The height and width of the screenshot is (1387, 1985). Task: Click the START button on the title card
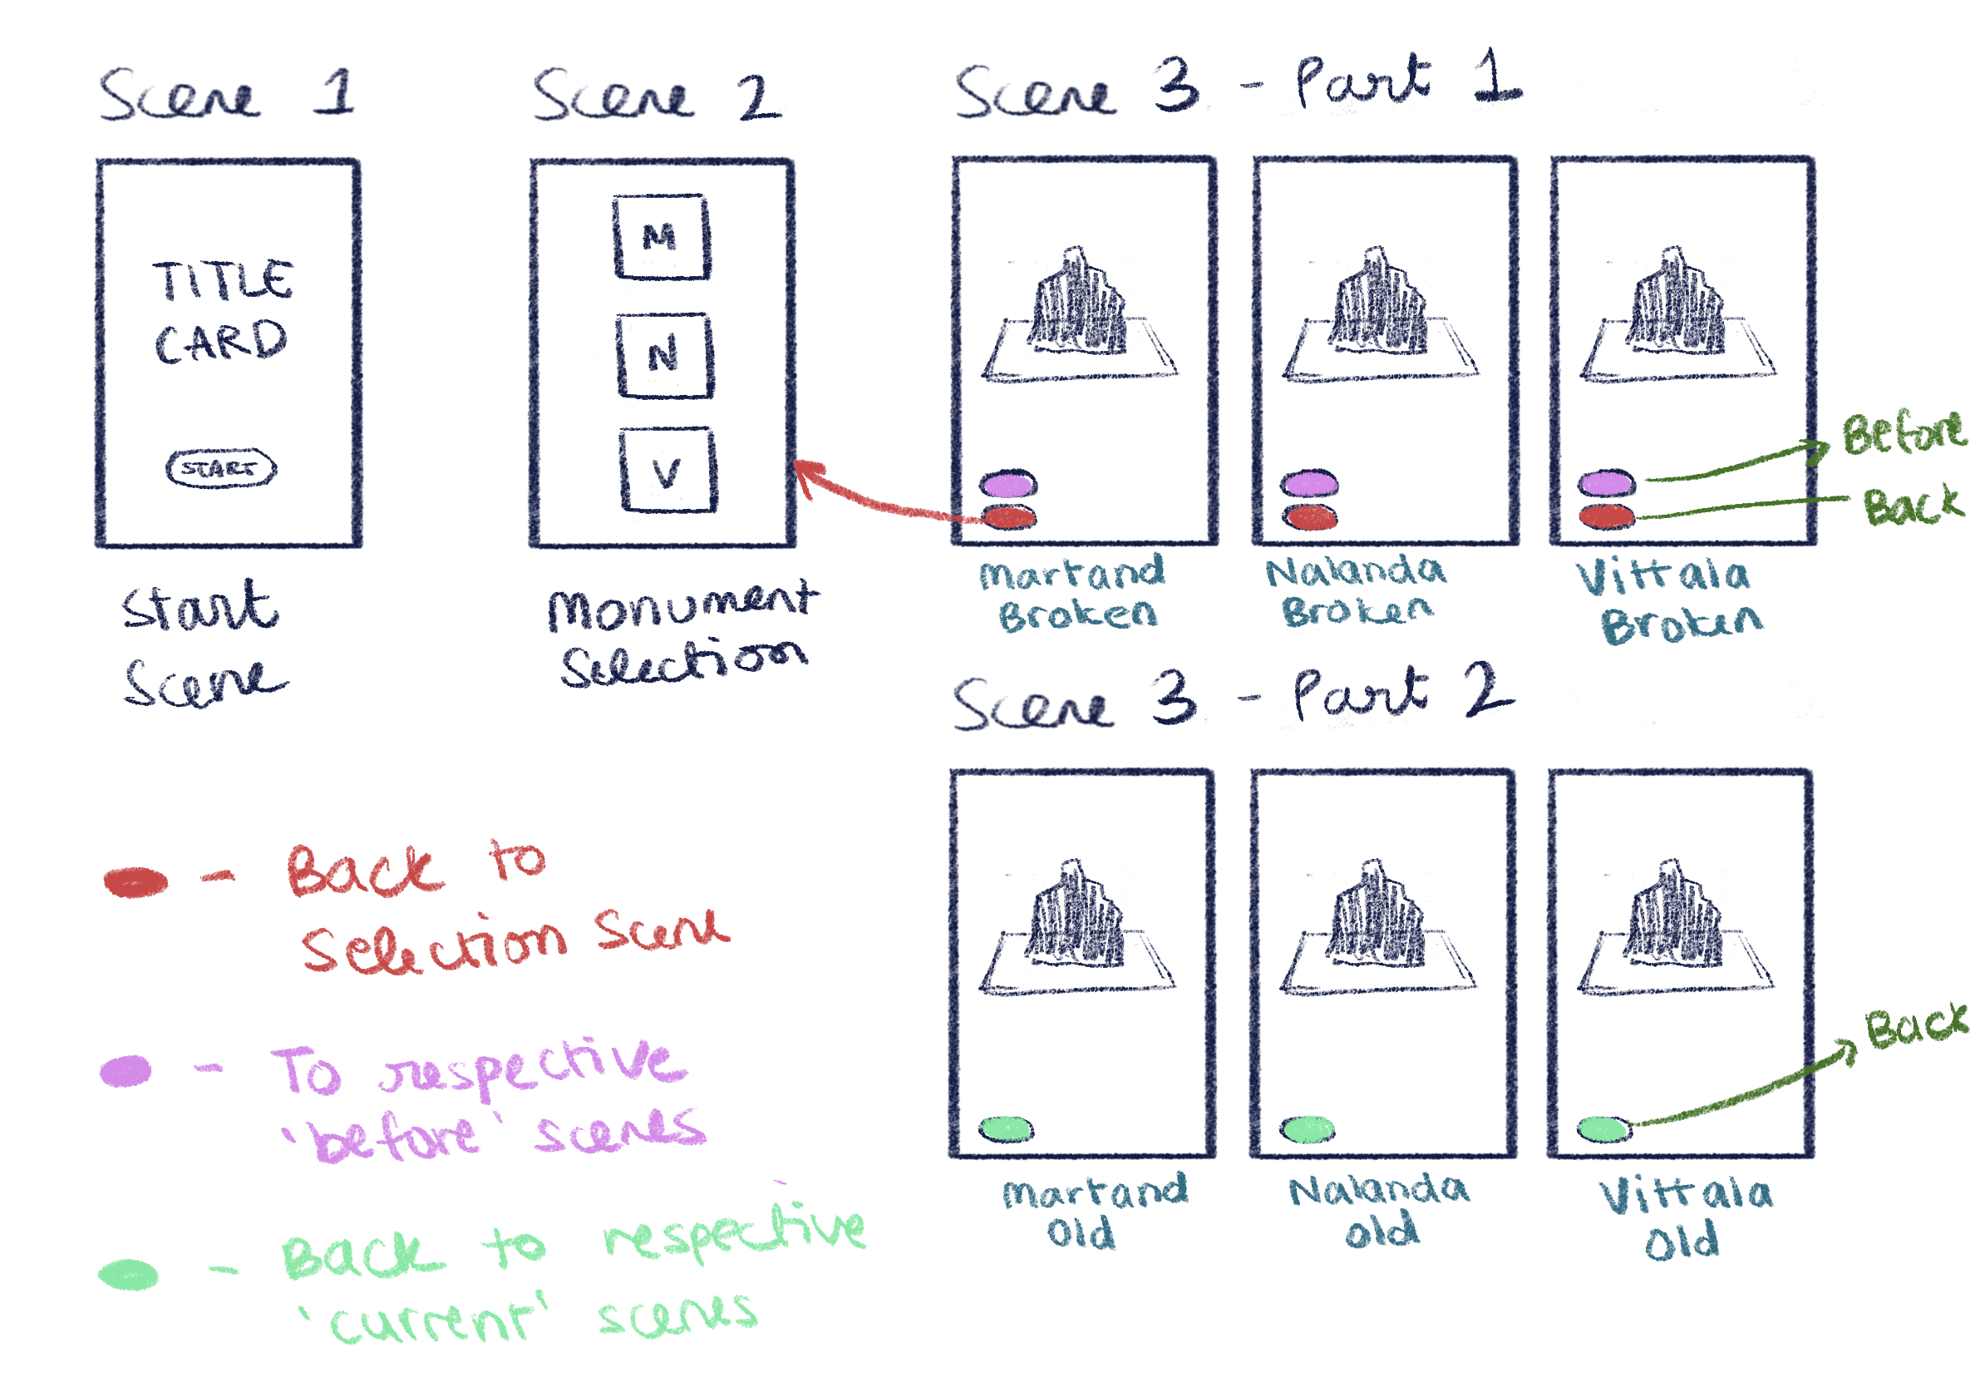pos(220,469)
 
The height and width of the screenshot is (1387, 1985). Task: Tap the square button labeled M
pos(662,237)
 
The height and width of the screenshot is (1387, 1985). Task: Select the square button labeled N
pos(664,354)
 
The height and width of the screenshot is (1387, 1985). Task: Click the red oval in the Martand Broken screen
pos(1010,517)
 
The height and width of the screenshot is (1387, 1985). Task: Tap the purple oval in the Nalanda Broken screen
pos(1309,484)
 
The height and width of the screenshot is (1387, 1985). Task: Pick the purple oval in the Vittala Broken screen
pos(1606,482)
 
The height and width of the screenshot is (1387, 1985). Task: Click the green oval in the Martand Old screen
pos(1007,1128)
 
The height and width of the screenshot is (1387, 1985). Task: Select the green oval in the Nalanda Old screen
pos(1308,1128)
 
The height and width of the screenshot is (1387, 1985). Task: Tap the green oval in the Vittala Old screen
pos(1604,1128)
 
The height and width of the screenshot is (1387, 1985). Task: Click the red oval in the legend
pos(135,882)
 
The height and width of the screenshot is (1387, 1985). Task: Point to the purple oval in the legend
pos(126,1070)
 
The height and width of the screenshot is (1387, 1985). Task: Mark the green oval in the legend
pos(128,1275)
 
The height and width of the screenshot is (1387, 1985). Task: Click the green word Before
pos(1902,434)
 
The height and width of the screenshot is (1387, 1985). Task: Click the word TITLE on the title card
pos(223,281)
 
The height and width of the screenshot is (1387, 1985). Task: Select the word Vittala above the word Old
pos(1686,1195)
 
